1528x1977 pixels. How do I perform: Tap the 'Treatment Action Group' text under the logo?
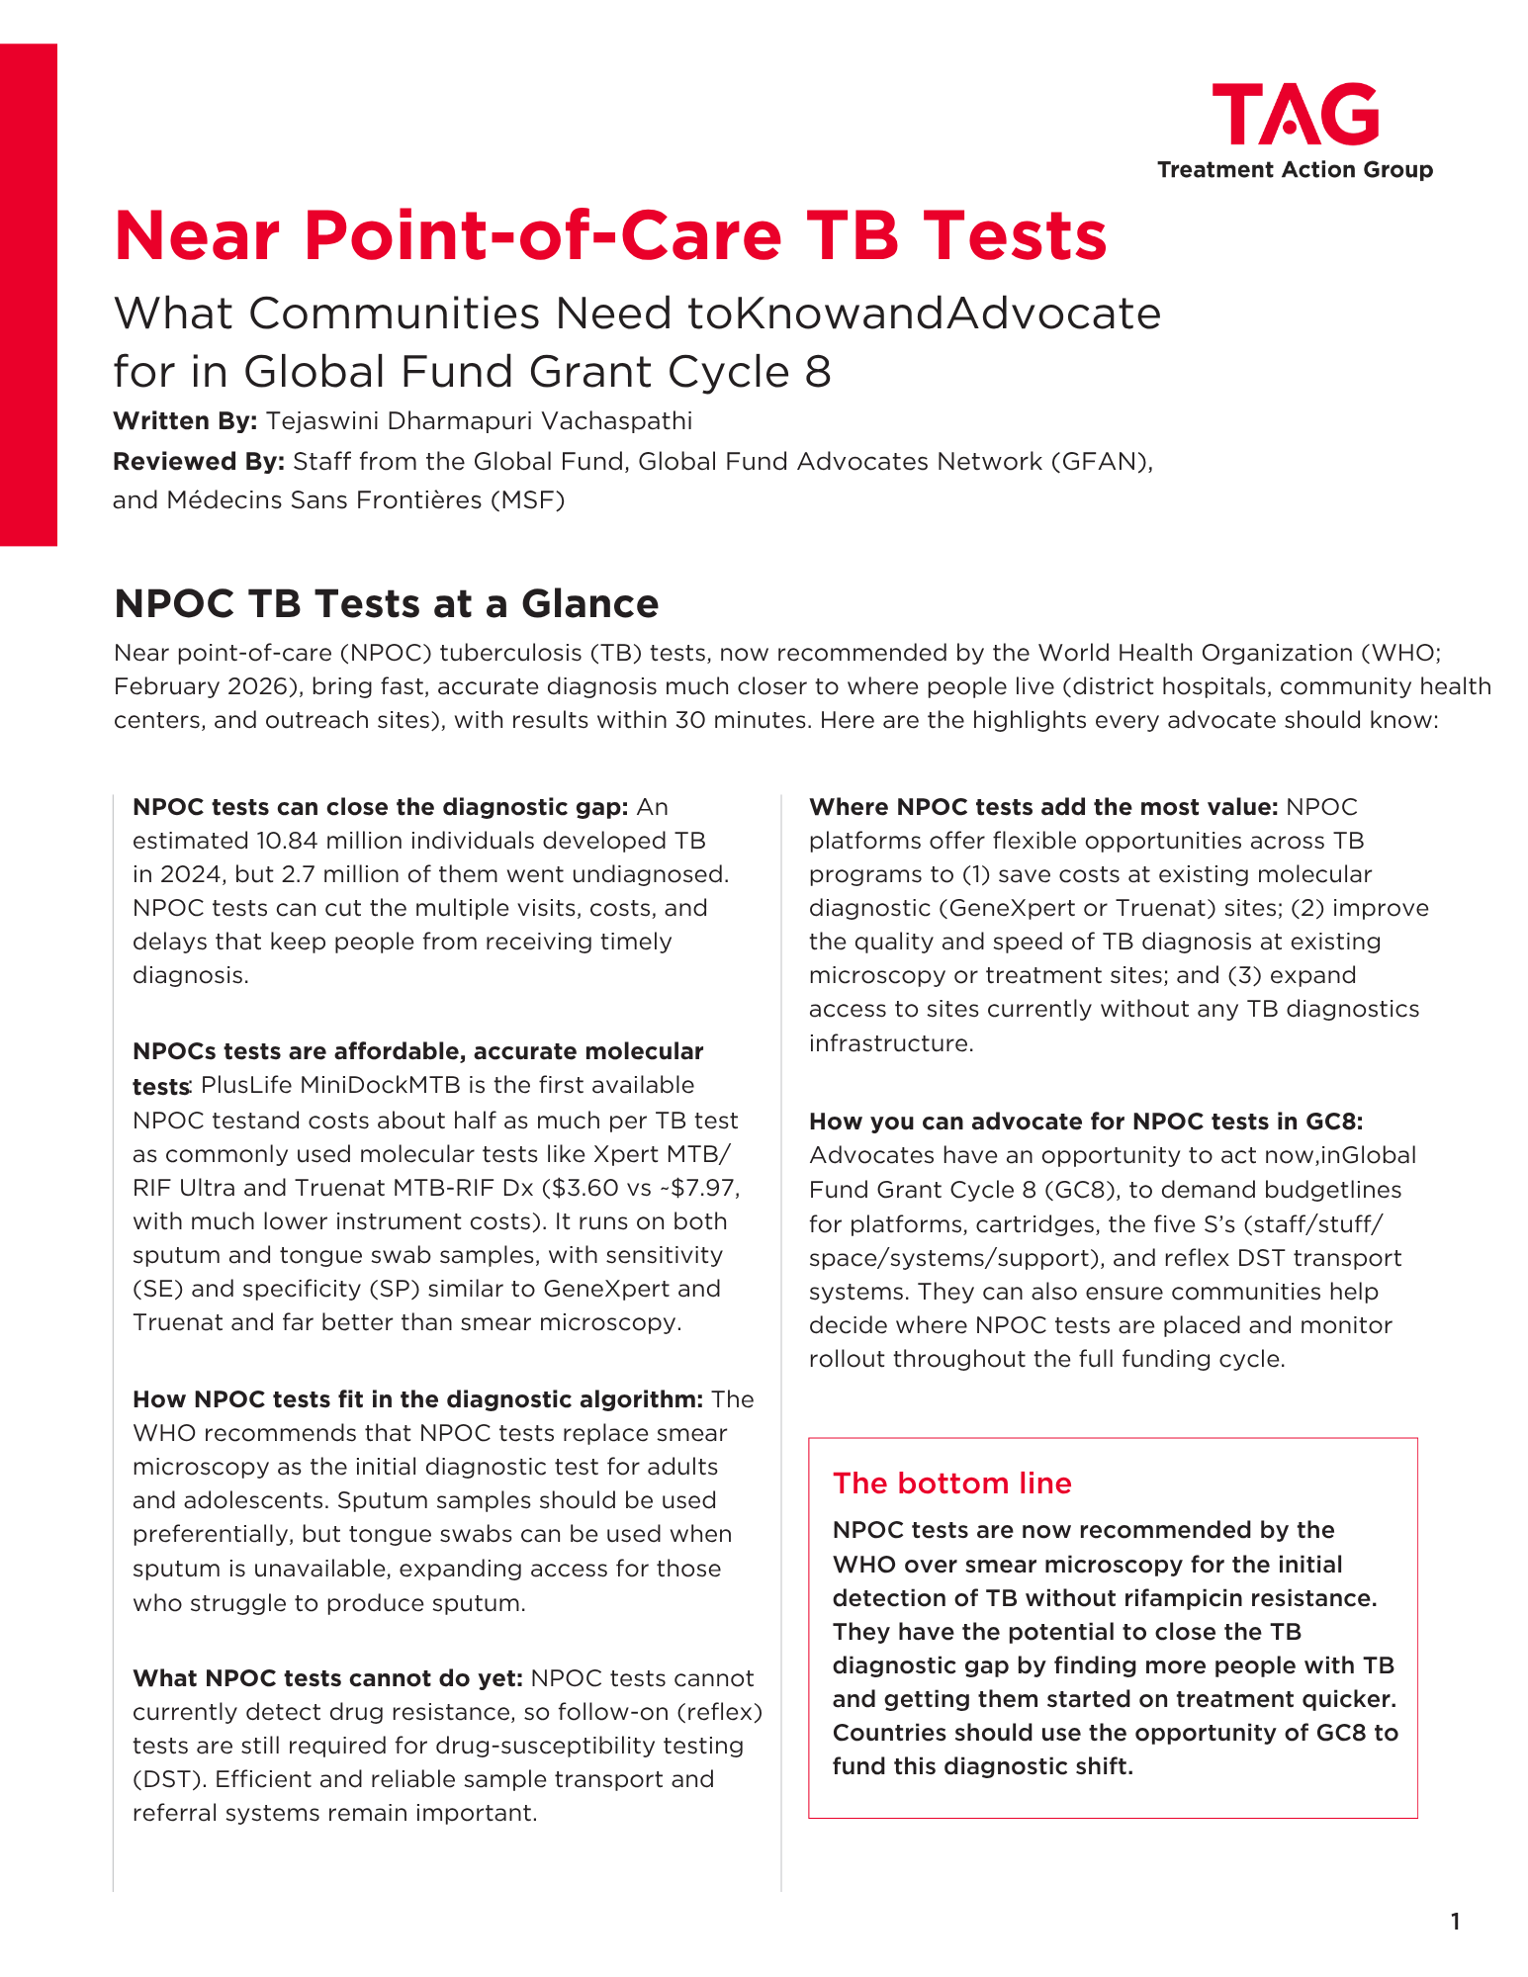coord(1295,170)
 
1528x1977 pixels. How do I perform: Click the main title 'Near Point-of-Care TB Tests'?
coord(610,235)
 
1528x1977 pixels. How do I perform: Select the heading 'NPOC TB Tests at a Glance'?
coord(386,603)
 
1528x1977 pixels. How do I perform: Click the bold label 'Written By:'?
coord(185,421)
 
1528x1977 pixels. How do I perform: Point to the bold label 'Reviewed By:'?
coord(199,462)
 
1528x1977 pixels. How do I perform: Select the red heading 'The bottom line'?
coord(951,1483)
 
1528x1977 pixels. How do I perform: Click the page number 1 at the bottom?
coord(1455,1922)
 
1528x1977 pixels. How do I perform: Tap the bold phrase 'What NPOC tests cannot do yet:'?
coord(327,1678)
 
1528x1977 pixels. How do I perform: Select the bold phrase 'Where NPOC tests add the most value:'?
coord(1043,807)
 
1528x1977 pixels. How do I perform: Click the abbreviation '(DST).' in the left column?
coord(169,1779)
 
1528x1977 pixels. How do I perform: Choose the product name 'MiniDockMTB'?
coord(381,1085)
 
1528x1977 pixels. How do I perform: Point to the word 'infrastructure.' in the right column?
coord(891,1043)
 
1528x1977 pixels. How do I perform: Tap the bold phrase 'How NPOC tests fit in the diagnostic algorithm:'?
coord(417,1399)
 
